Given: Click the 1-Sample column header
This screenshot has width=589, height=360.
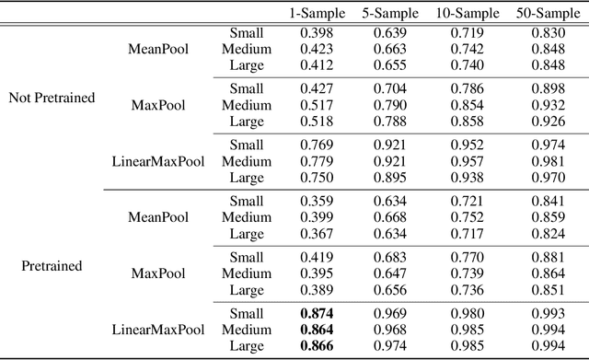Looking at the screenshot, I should click(x=317, y=13).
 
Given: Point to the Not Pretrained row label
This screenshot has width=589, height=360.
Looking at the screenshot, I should click(x=52, y=97).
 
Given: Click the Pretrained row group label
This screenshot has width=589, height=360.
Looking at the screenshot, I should click(x=52, y=265).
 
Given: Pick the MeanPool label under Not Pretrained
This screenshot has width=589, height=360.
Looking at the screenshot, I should click(x=159, y=48).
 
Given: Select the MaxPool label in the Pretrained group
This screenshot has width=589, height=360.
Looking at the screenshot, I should click(x=159, y=273).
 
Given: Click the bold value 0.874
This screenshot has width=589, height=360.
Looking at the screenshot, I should click(x=317, y=314).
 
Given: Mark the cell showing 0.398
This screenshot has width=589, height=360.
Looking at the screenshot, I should click(x=317, y=33).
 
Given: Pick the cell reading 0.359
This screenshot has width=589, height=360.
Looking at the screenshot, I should click(x=317, y=202).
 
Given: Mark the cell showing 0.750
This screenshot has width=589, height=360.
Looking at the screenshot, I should click(x=317, y=177).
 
